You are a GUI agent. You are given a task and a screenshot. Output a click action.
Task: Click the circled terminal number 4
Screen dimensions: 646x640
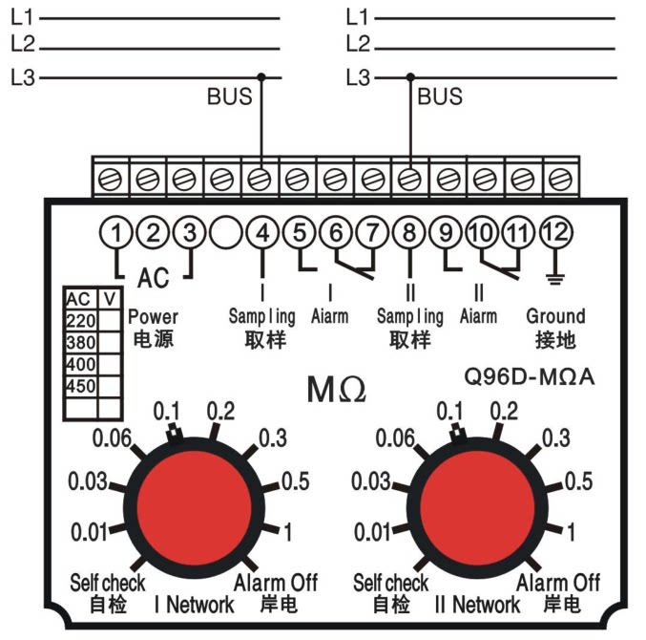[x=262, y=233]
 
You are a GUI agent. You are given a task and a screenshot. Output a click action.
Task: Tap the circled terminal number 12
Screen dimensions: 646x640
[x=555, y=232]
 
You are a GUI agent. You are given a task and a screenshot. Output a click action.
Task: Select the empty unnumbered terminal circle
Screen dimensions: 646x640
[x=225, y=233]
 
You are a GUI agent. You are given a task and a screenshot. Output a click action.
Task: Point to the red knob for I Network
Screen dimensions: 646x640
[x=193, y=507]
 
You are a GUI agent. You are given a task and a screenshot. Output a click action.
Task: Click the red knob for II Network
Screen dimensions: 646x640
[x=477, y=507]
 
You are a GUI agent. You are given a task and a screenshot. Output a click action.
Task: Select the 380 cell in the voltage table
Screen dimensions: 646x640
[x=81, y=342]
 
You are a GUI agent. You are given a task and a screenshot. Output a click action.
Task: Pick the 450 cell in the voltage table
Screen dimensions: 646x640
[x=81, y=387]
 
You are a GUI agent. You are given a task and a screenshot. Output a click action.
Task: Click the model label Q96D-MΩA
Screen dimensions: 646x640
[x=530, y=376]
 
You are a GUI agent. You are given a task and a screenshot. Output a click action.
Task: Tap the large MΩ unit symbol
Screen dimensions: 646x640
[x=336, y=390]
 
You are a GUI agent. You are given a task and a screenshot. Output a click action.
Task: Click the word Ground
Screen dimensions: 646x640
[x=555, y=316]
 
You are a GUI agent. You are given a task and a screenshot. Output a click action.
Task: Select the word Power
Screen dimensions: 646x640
[x=154, y=317]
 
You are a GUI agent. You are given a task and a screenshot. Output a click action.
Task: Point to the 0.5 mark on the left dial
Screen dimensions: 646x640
[x=296, y=481]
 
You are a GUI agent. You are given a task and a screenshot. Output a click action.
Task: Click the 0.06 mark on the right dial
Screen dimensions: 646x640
[x=395, y=437]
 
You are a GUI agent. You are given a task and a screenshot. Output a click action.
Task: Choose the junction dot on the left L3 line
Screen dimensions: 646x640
[x=261, y=77]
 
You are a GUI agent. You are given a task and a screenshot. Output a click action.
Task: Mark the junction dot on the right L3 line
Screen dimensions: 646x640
[x=410, y=77]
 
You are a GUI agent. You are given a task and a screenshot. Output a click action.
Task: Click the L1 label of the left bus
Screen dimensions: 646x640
[x=22, y=18]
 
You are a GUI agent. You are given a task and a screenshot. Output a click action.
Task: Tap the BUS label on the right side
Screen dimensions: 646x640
[x=440, y=96]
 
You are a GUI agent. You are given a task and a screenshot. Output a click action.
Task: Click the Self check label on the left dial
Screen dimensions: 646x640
[x=108, y=583]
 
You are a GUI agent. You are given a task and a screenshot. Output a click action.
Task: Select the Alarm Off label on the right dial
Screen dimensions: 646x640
[x=558, y=583]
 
